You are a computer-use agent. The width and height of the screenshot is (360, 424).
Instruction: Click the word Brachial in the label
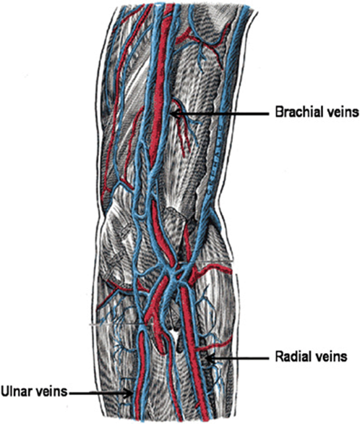301,112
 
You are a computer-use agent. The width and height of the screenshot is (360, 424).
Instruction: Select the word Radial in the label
293,357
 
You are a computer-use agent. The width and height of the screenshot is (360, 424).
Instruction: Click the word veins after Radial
331,357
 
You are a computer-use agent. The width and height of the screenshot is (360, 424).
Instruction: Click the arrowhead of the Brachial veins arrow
176,114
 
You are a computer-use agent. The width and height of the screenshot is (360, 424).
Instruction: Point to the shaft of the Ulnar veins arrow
100,393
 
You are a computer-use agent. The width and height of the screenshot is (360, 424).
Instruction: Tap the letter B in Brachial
279,112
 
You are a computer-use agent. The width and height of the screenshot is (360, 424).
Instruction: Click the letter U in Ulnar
5,391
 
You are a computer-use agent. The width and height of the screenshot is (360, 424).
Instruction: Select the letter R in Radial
279,357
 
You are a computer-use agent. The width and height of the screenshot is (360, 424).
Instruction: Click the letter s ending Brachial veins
356,114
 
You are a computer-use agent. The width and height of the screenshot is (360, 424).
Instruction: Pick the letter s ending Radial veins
344,358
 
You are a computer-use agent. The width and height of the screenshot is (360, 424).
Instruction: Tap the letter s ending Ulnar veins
64,393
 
